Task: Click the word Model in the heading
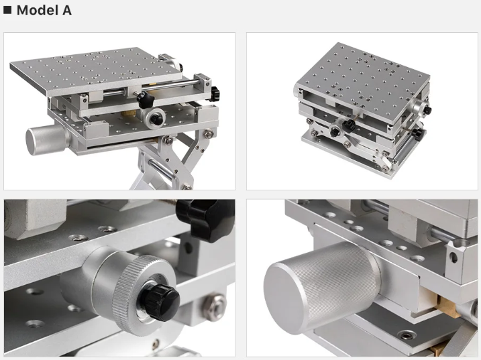coord(38,11)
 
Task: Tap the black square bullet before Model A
coord(7,10)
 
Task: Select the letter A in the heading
coord(67,11)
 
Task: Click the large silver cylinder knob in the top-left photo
coord(48,139)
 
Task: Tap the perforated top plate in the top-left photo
coord(96,70)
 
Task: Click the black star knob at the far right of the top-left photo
coord(215,93)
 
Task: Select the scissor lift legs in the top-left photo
coord(172,162)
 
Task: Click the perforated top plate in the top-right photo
coord(363,80)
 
